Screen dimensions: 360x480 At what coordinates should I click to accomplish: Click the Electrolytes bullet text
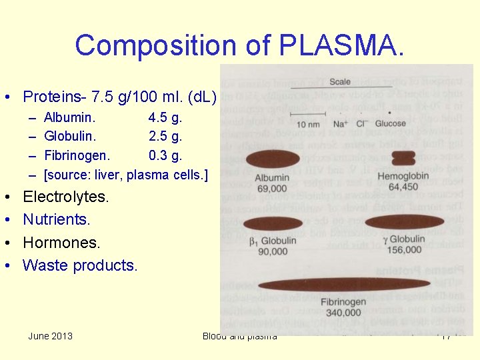click(x=66, y=197)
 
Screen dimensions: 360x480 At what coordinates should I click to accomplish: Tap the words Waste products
click(x=80, y=265)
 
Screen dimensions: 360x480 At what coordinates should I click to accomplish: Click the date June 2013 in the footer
click(x=51, y=336)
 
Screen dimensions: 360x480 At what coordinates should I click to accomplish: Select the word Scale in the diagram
click(x=340, y=82)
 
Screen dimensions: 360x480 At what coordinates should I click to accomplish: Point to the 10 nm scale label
click(x=308, y=124)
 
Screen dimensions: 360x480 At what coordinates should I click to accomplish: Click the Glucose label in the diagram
click(x=390, y=123)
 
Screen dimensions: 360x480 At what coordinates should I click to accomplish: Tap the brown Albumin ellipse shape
click(x=273, y=159)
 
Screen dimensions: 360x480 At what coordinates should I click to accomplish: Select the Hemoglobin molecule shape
click(x=403, y=158)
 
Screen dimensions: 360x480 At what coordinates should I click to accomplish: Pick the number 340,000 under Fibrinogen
click(x=343, y=312)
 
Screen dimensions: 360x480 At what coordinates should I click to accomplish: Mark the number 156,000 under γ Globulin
click(x=403, y=249)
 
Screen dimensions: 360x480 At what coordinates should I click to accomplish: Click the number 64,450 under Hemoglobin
click(x=398, y=187)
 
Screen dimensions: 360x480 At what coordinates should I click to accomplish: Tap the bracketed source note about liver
click(x=125, y=175)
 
